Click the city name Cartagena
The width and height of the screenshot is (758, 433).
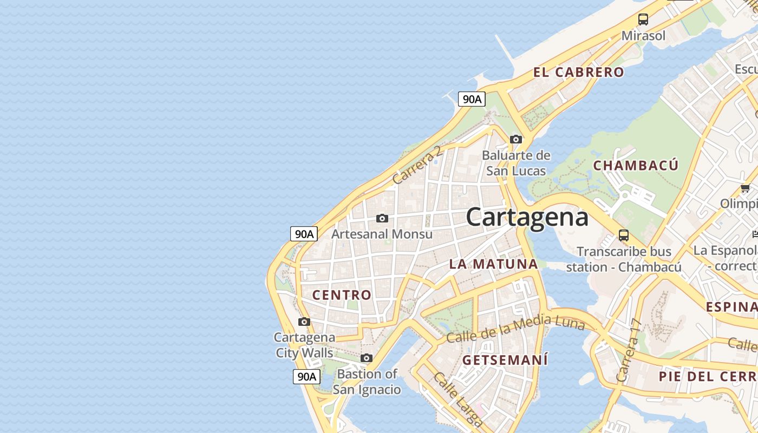(527, 218)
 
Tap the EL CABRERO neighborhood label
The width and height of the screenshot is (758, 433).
(578, 73)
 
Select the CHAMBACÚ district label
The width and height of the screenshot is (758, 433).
(636, 166)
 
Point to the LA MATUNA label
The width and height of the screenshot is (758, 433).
(494, 264)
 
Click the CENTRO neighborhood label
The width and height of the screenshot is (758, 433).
(342, 295)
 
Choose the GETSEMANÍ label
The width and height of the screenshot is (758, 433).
(505, 360)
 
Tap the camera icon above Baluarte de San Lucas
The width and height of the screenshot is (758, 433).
(516, 140)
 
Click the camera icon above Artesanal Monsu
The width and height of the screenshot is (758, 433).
(382, 219)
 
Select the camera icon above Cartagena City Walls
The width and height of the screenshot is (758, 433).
(304, 322)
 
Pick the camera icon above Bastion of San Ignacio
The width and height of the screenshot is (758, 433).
(367, 358)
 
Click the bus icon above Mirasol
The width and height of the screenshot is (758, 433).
(643, 19)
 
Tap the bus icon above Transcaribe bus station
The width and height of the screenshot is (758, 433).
(624, 235)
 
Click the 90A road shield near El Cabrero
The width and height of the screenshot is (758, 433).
(472, 99)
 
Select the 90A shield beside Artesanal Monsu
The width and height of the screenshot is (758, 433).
(304, 234)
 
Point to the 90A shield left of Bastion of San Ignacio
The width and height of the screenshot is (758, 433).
(306, 377)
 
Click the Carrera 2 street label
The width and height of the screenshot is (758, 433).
(417, 165)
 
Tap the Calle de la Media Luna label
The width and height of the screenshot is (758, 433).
(515, 327)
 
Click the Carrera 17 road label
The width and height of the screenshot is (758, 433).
(628, 351)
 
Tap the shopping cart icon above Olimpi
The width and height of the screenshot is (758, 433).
(745, 188)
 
